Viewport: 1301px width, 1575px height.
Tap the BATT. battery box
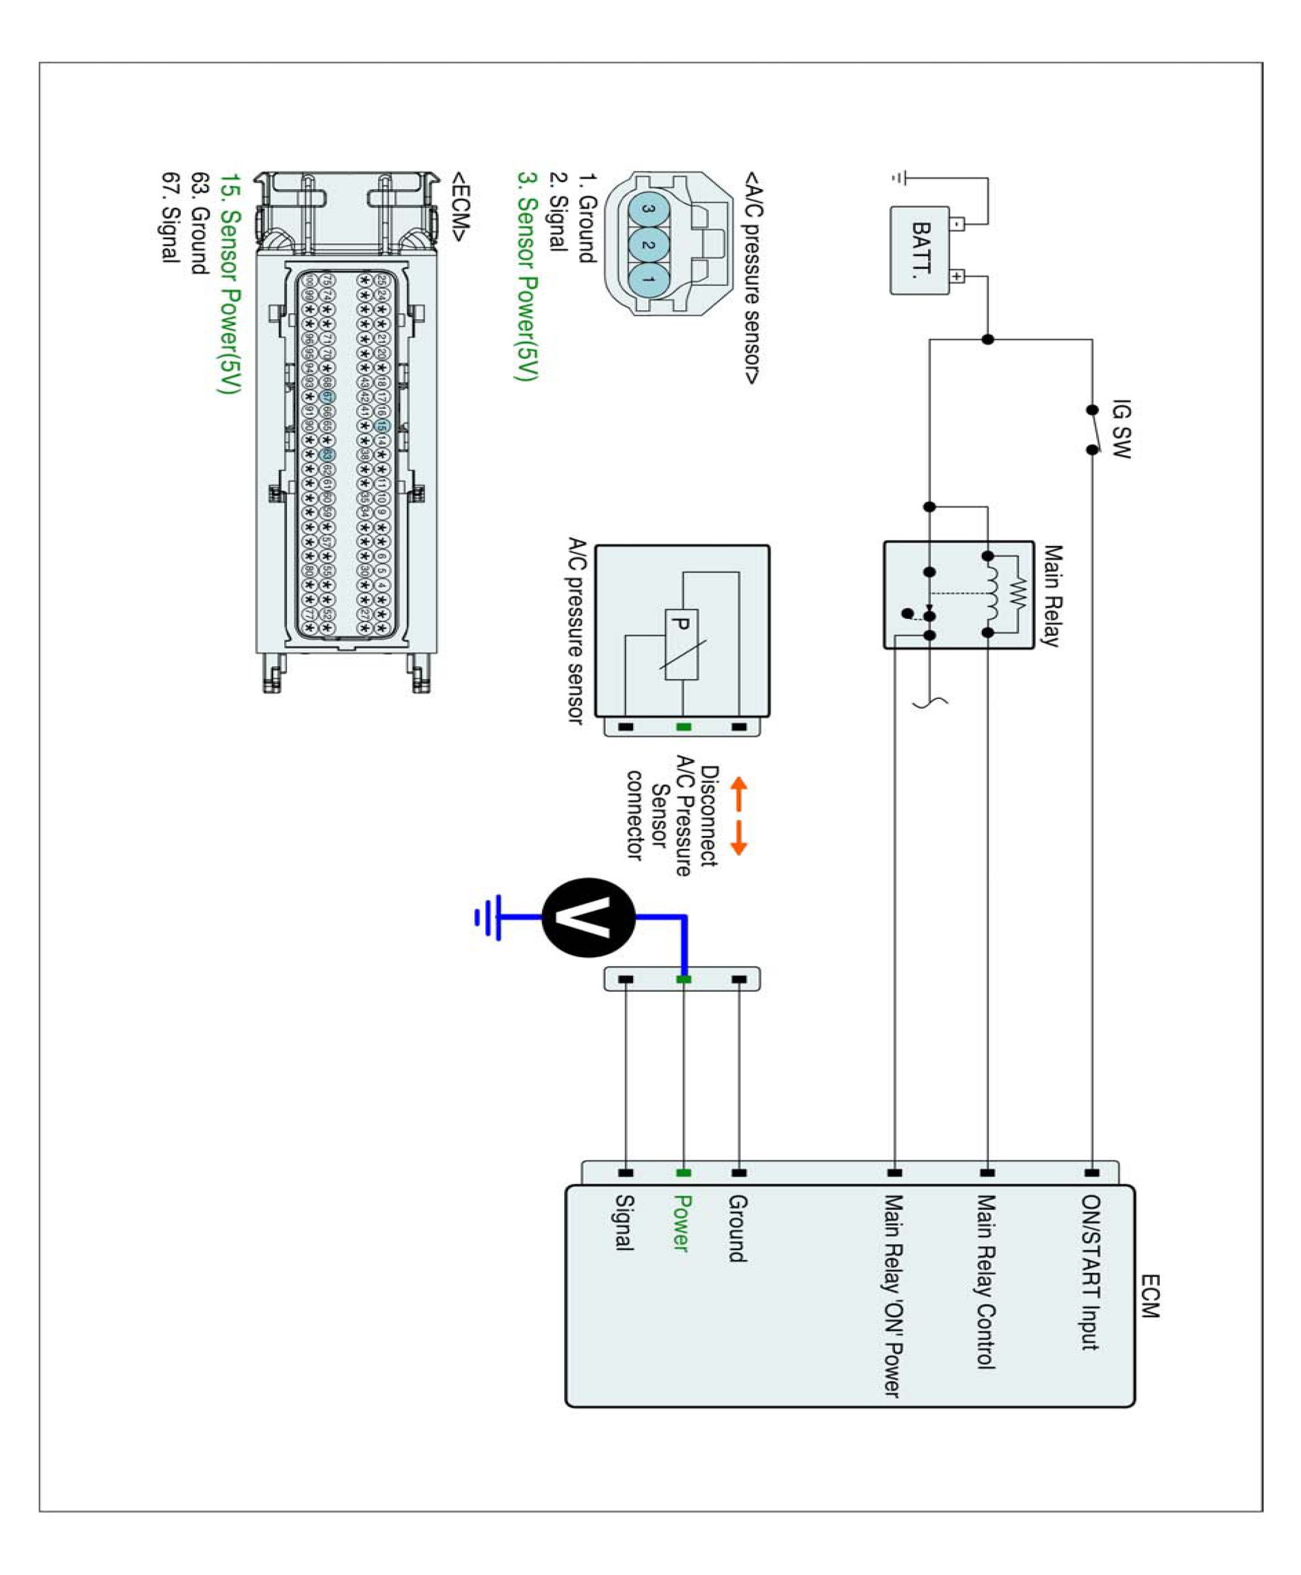pos(920,250)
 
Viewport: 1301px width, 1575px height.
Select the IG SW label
pos(1120,429)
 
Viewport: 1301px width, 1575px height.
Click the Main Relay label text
pos(1052,596)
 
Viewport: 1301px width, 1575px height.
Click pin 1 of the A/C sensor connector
pos(648,280)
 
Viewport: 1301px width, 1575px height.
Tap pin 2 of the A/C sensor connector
pos(648,245)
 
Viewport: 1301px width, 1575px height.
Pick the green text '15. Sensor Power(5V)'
pos(230,284)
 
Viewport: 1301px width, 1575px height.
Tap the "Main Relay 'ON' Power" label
pos(893,1296)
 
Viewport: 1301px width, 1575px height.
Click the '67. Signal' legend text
pos(171,218)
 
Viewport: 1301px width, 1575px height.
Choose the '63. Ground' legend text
pos(200,224)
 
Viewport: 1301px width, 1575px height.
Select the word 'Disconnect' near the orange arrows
pos(709,816)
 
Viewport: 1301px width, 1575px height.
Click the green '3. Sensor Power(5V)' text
pos(529,276)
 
